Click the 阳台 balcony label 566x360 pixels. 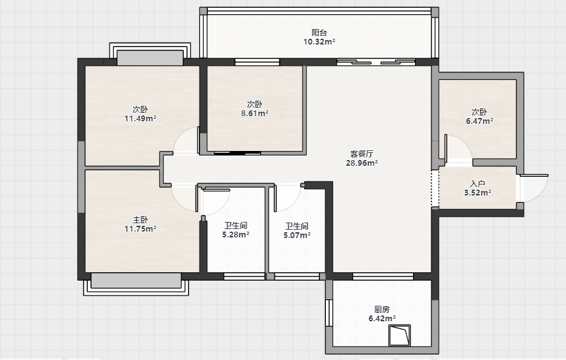[x=319, y=33]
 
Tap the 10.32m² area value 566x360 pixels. [x=319, y=42]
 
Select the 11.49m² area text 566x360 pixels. [x=141, y=118]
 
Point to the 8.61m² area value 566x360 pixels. [x=255, y=114]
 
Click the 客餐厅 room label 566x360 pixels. [x=361, y=154]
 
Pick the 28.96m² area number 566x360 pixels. [x=361, y=163]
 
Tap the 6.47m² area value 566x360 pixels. [x=480, y=121]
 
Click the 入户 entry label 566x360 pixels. [x=478, y=184]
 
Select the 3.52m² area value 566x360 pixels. [x=478, y=193]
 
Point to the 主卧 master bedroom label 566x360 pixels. [x=141, y=220]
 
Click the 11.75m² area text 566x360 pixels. [x=141, y=228]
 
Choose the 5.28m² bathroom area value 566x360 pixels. [x=236, y=235]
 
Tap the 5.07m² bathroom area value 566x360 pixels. [x=297, y=235]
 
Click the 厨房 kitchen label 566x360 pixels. [x=382, y=310]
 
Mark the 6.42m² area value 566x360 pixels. [x=382, y=319]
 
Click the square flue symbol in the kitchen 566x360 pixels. [x=399, y=335]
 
